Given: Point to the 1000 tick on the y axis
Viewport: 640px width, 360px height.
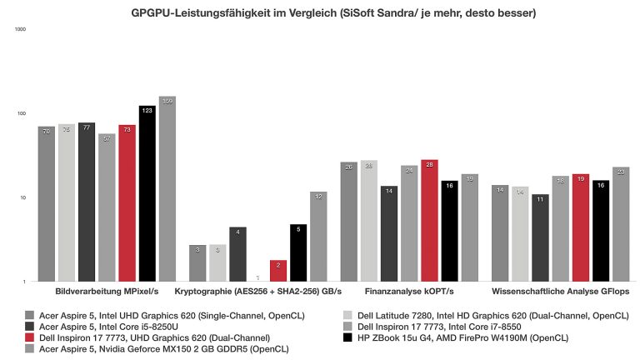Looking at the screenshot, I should [21, 29].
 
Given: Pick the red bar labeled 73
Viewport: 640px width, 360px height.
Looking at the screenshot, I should [127, 203].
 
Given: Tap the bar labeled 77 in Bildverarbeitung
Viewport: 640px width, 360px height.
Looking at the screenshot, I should [87, 202].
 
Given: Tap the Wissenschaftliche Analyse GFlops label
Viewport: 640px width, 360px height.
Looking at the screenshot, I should [560, 292].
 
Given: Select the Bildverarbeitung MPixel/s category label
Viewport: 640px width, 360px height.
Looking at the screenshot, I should [106, 292].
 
